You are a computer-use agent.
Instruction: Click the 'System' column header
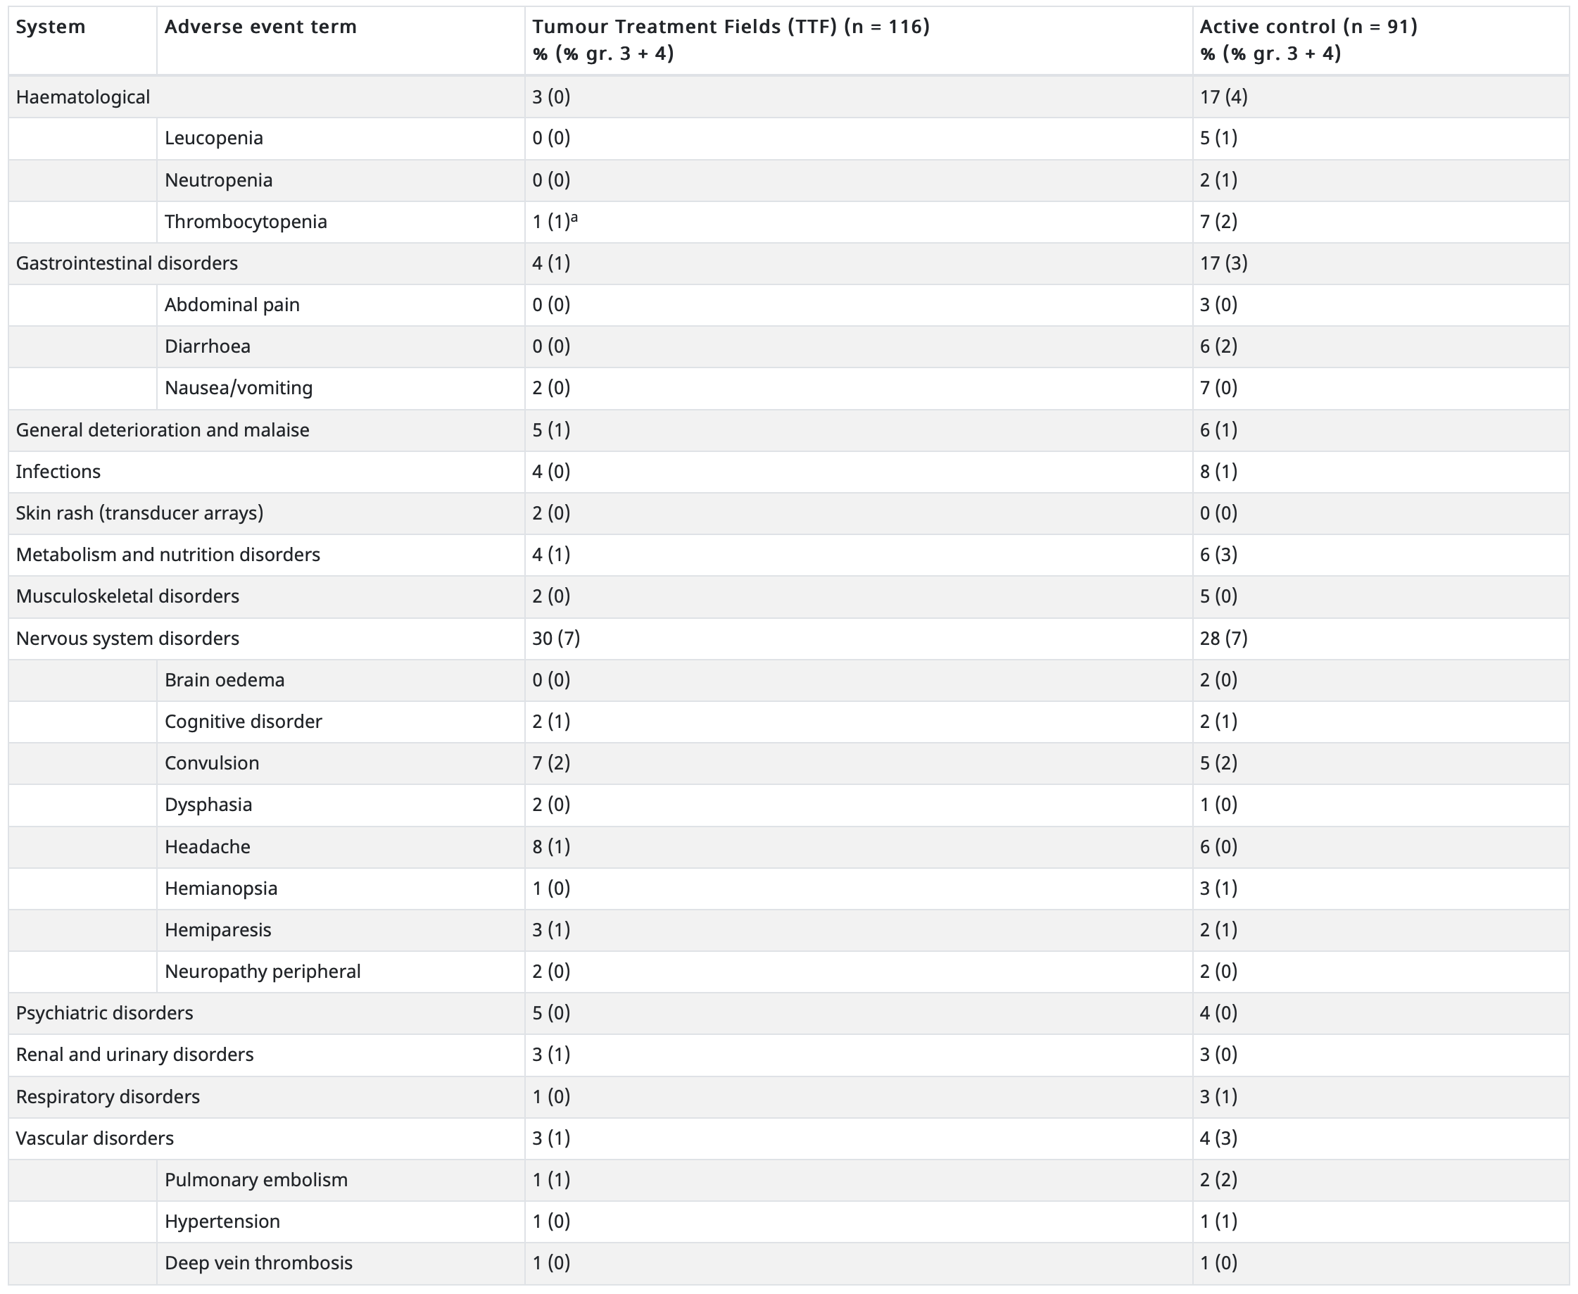(x=51, y=27)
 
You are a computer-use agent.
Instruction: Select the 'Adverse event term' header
(x=260, y=27)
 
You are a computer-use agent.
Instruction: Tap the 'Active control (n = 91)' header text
(x=1308, y=27)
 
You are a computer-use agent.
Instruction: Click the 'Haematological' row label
(x=82, y=97)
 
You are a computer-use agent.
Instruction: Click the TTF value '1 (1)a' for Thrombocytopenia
(x=555, y=221)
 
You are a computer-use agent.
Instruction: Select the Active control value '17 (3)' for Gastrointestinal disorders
(x=1223, y=263)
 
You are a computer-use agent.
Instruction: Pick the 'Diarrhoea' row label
(x=208, y=346)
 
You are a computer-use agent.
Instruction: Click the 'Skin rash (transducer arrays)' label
(x=139, y=513)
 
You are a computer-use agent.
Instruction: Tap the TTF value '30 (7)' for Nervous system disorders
(x=556, y=638)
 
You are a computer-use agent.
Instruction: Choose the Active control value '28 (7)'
(x=1223, y=638)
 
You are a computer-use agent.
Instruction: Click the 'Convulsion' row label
(x=213, y=763)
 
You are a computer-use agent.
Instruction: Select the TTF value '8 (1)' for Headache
(x=551, y=847)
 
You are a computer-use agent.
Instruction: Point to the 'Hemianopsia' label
(x=221, y=888)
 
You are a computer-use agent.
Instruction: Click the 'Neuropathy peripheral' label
(x=263, y=972)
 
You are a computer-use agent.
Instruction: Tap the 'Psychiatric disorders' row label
(x=104, y=1013)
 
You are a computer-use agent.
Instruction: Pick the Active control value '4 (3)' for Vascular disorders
(x=1219, y=1138)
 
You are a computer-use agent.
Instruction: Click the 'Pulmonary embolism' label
(x=256, y=1180)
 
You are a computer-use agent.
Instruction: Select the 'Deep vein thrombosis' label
(x=258, y=1264)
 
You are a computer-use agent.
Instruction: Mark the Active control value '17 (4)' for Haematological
(x=1223, y=97)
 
